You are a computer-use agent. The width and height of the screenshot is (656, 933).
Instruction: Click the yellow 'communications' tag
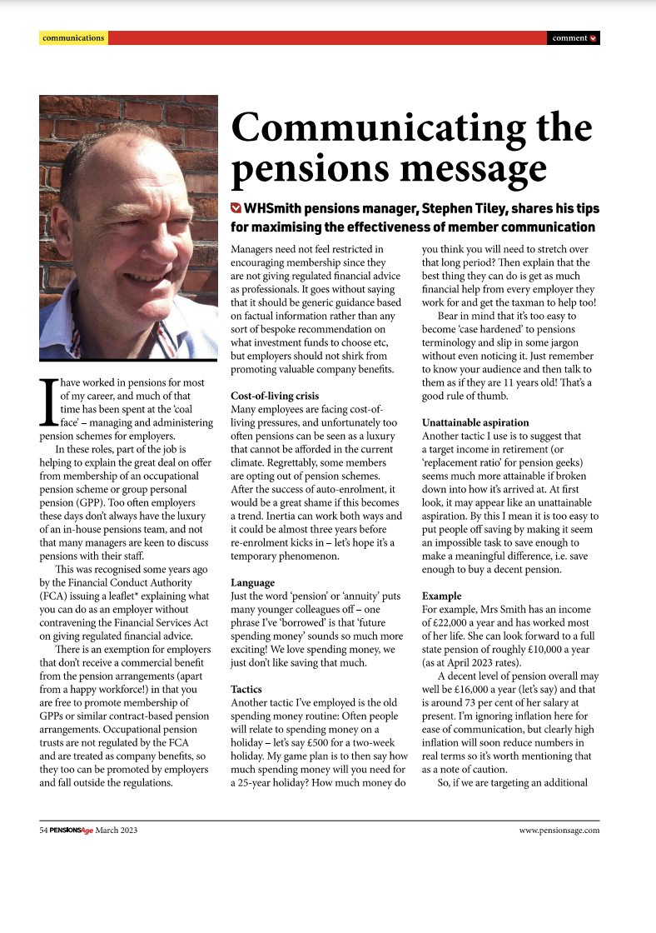[x=73, y=37]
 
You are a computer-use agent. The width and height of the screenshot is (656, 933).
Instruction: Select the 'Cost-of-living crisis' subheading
[x=274, y=395]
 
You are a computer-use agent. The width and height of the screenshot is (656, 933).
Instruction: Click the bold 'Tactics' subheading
[x=246, y=690]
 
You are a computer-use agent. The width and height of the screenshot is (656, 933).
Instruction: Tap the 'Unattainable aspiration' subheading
[x=475, y=422]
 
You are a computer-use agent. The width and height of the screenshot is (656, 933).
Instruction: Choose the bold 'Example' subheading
[x=442, y=596]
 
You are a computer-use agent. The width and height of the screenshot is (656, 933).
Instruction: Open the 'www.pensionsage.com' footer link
[x=559, y=830]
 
